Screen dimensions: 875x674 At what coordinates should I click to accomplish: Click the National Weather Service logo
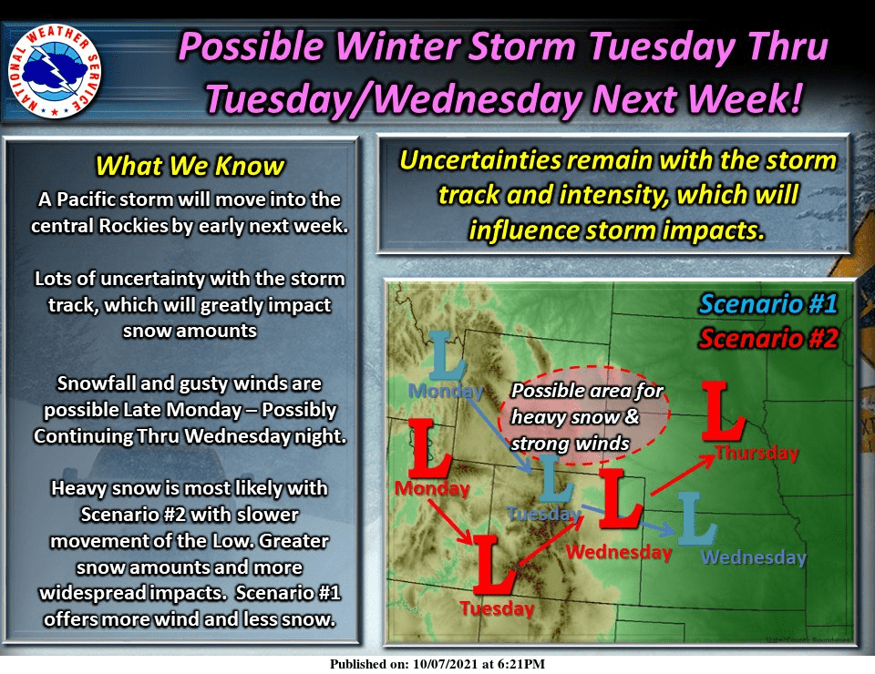click(55, 71)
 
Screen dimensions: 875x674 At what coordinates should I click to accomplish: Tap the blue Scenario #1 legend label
click(768, 304)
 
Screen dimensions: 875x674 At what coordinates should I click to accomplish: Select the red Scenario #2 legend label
click(768, 339)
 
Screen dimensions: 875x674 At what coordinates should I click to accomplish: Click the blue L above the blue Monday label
click(447, 356)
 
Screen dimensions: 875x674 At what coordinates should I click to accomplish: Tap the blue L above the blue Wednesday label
click(695, 519)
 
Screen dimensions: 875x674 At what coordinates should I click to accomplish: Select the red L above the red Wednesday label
click(620, 498)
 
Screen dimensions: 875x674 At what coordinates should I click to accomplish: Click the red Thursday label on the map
click(757, 452)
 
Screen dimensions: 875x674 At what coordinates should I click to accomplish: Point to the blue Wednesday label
click(754, 557)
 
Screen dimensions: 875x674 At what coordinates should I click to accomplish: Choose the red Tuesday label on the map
click(497, 608)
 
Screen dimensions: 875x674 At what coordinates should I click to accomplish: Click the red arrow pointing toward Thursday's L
click(683, 475)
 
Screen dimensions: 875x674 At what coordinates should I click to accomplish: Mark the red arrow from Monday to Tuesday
click(450, 521)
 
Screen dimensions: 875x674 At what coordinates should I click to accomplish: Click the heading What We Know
click(190, 166)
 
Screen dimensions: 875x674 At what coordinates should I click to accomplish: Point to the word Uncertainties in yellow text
click(480, 160)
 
